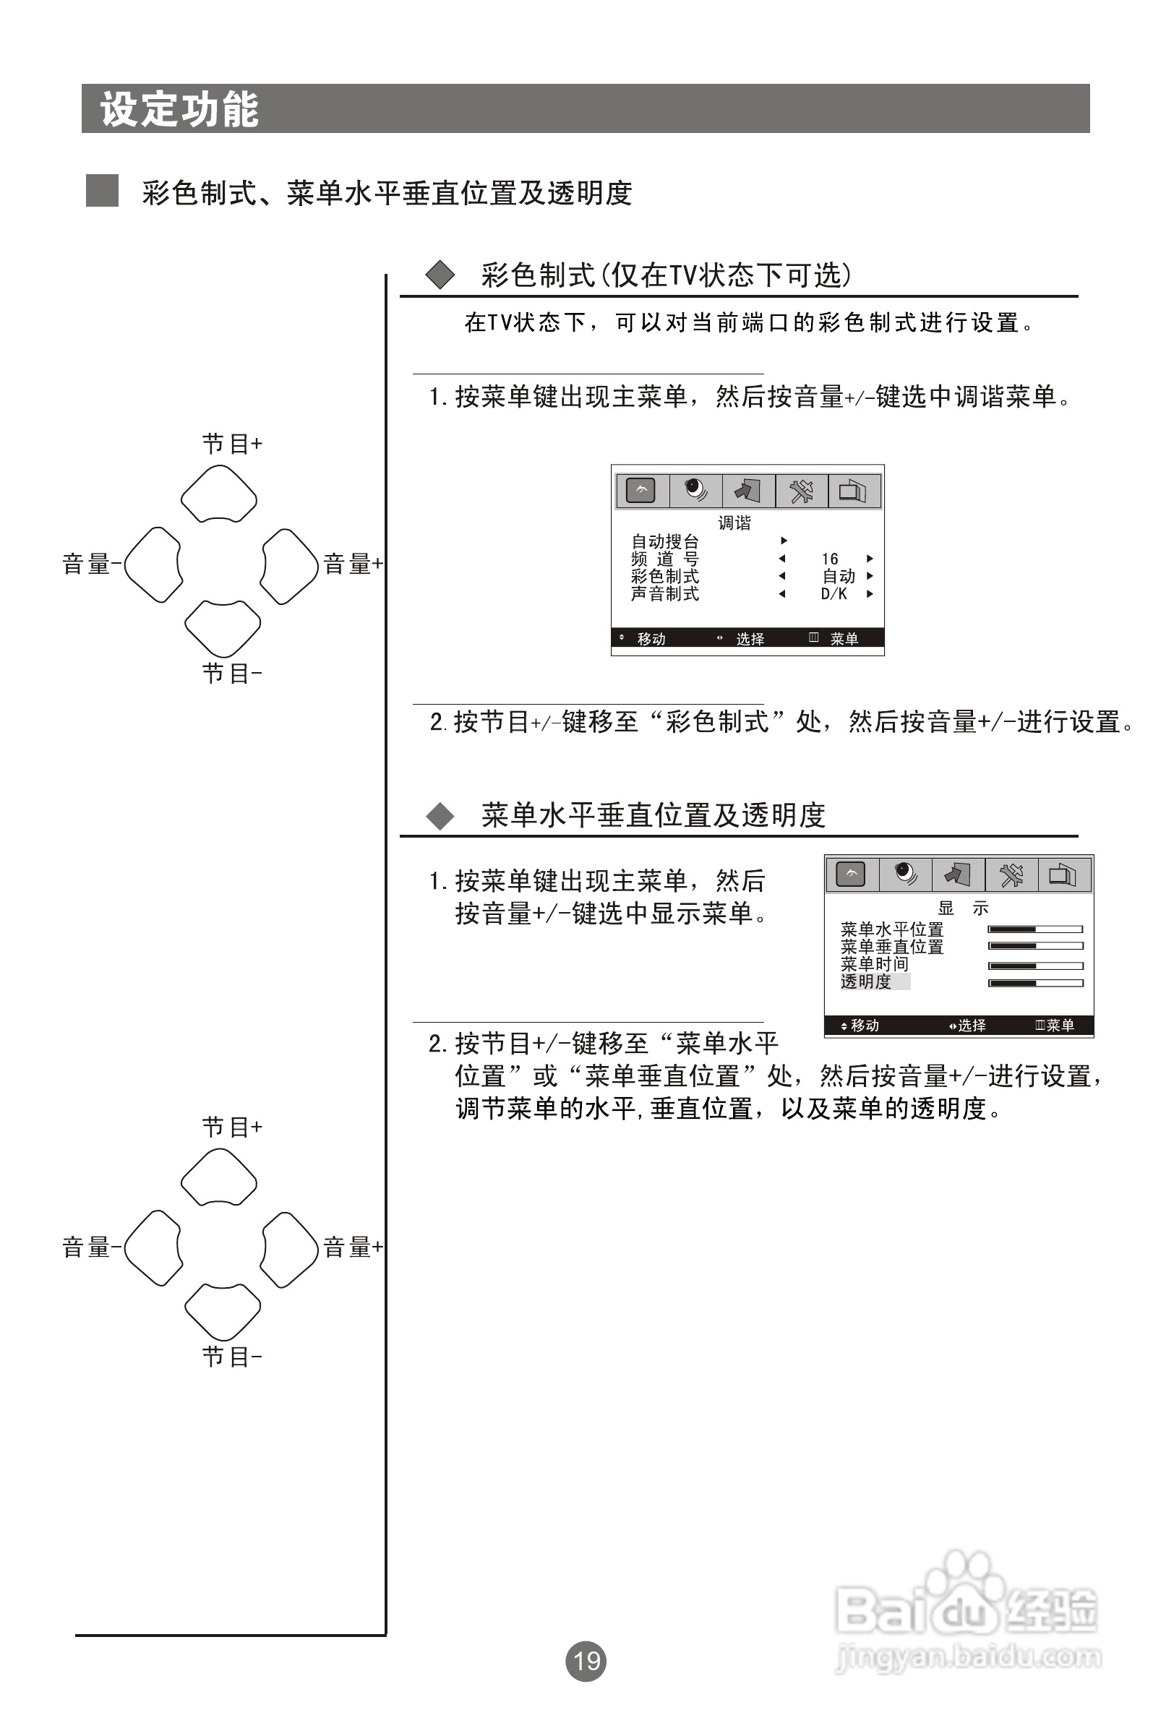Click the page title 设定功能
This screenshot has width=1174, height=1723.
coord(179,110)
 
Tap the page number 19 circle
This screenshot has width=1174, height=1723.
coord(586,1661)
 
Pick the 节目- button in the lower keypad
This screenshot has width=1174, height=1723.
coord(222,1312)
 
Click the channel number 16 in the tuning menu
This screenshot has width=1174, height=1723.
coord(829,559)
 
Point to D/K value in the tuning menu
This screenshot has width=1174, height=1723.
coord(834,594)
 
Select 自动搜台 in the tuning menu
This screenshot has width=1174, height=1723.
coord(664,541)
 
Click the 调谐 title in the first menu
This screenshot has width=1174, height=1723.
coord(734,523)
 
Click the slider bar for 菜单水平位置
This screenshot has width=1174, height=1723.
coord(1035,929)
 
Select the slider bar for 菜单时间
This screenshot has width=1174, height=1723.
coord(1035,966)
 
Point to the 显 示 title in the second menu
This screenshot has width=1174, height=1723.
coord(963,908)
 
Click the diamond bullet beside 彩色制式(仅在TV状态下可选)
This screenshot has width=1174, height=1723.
coord(440,275)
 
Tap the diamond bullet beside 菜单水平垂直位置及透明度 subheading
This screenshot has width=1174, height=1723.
coord(440,815)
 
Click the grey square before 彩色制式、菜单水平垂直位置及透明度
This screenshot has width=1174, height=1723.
coord(103,191)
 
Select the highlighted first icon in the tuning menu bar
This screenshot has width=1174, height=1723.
coord(641,491)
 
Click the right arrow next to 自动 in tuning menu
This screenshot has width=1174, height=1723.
coord(870,576)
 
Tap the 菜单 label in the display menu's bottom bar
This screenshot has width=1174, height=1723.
coord(1060,1026)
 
